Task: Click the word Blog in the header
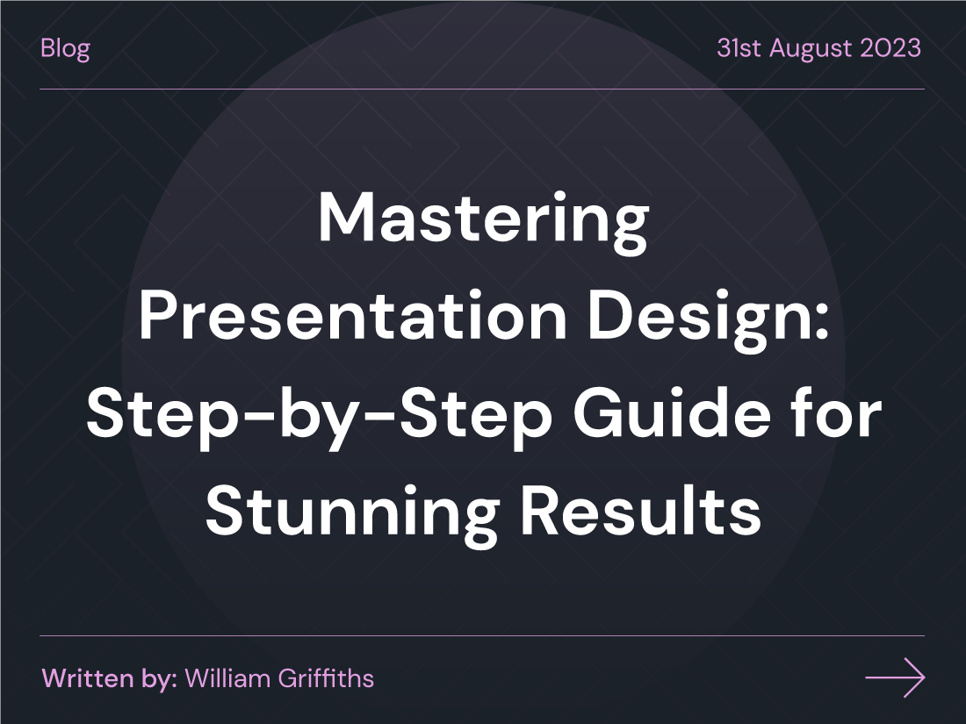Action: [65, 48]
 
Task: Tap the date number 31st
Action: [736, 47]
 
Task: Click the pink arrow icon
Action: [895, 677]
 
